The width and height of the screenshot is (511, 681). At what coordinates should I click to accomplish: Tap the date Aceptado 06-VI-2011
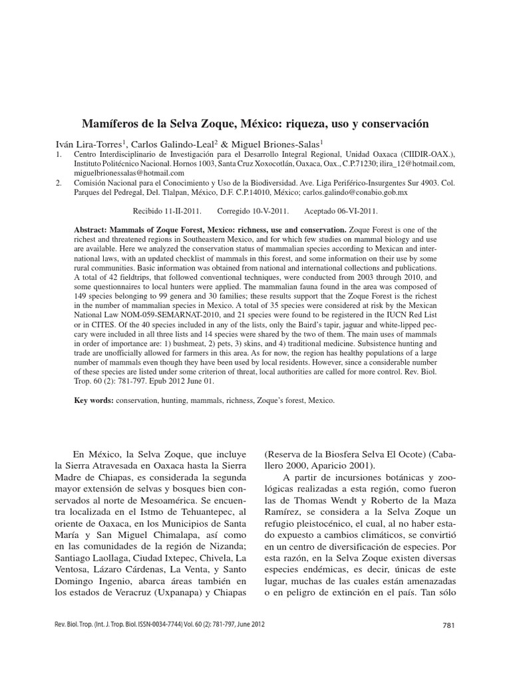(341, 211)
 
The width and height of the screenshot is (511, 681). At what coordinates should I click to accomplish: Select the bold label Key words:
(94, 401)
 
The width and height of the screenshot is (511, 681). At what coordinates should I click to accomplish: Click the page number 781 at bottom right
(448, 625)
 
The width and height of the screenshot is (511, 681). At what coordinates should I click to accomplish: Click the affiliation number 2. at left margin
(59, 183)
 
